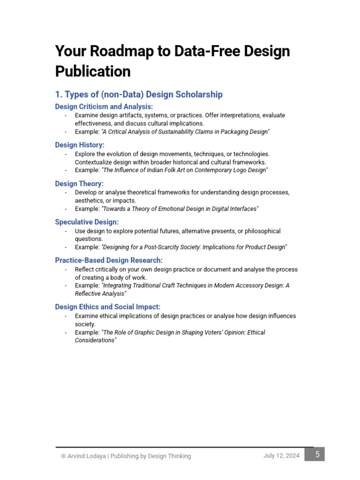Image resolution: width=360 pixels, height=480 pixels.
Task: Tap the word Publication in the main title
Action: pos(93,72)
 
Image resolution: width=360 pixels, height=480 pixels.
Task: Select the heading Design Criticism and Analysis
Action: pos(104,106)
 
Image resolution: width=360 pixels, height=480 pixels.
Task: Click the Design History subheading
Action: pos(80,145)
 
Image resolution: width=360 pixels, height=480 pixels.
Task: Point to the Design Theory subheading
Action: pos(79,184)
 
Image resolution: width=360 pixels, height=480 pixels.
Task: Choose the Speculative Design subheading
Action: pos(87,222)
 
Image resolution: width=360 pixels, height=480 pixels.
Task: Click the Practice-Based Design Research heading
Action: pos(109,260)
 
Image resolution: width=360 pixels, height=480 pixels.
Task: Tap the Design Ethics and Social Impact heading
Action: pos(108,307)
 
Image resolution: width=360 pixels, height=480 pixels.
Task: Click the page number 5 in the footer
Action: pos(317,454)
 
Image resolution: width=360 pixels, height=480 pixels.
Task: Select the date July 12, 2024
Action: pos(281,456)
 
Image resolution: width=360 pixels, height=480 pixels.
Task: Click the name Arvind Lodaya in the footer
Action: pos(86,456)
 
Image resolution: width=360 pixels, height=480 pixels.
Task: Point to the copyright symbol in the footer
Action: pos(63,456)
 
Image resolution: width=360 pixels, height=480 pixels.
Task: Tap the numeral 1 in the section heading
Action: pos(58,95)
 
